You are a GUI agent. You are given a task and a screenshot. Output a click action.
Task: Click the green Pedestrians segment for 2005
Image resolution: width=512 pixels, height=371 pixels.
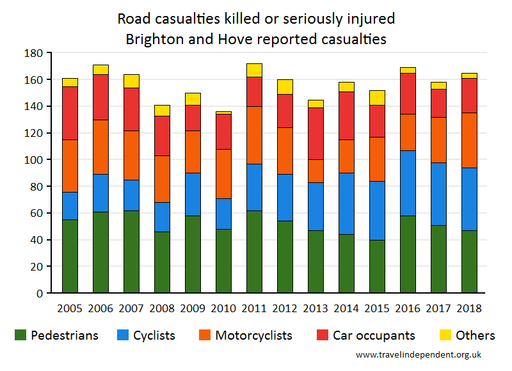click(70, 256)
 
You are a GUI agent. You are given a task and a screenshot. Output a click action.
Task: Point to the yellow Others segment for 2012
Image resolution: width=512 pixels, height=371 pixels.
click(285, 87)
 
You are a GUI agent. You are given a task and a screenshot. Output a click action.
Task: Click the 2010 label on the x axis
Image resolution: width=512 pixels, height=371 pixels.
click(223, 308)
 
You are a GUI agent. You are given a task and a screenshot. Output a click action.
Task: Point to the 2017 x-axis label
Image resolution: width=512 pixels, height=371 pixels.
click(438, 308)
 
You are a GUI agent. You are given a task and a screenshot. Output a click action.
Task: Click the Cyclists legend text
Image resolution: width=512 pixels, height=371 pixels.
click(153, 335)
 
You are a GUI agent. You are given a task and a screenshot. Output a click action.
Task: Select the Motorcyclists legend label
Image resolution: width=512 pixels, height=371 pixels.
click(253, 335)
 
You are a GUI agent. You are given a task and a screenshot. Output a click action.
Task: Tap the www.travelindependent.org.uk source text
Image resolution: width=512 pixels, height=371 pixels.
click(418, 354)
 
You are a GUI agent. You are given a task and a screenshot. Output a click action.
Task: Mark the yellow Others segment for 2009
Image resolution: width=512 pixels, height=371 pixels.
click(193, 99)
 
